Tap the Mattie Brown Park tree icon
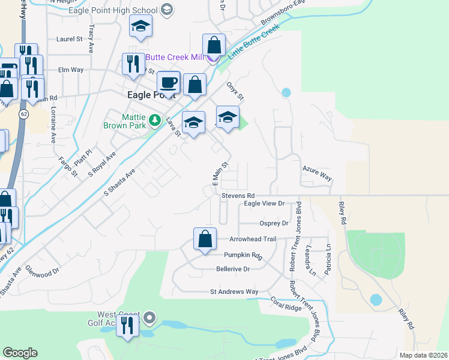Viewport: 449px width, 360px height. tap(155, 121)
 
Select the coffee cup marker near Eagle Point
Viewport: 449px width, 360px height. tap(169, 82)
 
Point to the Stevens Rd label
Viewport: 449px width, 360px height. tap(238, 196)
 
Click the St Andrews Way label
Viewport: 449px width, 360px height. tap(234, 292)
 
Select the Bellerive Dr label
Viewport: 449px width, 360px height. tap(232, 269)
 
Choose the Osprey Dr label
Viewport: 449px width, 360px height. tap(274, 223)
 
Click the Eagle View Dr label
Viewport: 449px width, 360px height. tap(264, 204)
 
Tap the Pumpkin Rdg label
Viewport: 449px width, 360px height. tap(244, 255)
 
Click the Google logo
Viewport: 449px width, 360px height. tap(20, 353)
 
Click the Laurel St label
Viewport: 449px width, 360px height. tap(69, 38)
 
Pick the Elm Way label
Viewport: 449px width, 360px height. tap(70, 70)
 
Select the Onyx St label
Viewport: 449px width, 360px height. tap(235, 92)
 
